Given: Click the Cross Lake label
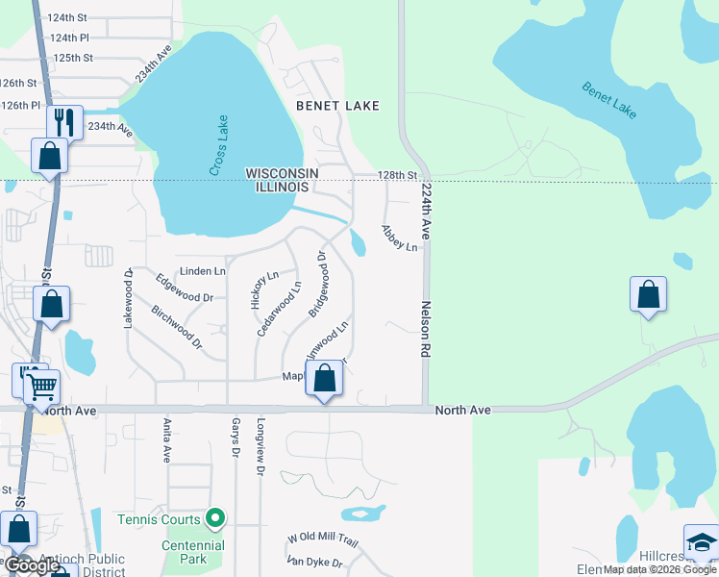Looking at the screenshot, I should point(219,145).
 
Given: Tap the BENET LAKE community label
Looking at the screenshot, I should point(337,106).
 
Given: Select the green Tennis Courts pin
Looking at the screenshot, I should point(215,519).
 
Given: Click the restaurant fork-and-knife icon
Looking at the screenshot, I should point(65,122).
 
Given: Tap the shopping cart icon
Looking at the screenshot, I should point(41,388).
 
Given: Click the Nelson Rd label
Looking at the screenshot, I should point(423,329).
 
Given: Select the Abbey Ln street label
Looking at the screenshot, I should point(399,238).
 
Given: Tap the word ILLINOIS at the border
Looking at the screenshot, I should point(283,187).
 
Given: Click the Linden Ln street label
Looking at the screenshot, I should point(202,272).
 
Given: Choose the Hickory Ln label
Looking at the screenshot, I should point(258,288).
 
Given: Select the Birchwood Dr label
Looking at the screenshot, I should point(177,327).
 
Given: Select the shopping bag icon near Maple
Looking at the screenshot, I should point(325,378).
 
